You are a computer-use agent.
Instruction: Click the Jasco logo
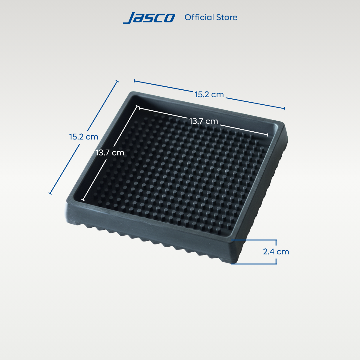(149, 18)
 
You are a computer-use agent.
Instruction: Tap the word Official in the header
(199, 17)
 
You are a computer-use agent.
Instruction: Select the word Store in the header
(227, 17)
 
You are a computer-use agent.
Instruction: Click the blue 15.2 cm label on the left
(84, 137)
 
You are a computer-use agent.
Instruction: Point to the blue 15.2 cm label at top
(209, 94)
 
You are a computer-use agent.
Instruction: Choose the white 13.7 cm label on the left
(110, 153)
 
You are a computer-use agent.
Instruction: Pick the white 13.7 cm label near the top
(204, 121)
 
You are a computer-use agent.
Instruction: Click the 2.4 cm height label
(276, 252)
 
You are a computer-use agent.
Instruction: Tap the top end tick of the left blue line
(117, 81)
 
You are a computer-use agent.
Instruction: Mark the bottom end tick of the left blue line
(50, 193)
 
